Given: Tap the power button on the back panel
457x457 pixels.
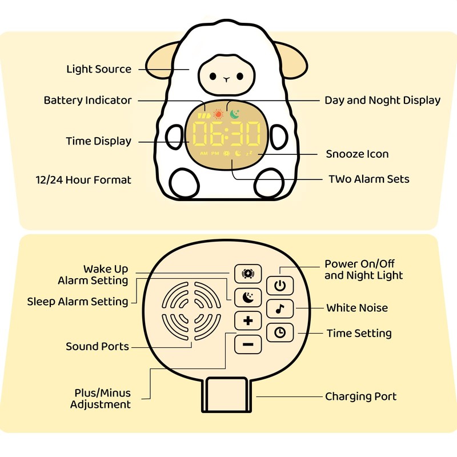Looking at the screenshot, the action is pos(280,286).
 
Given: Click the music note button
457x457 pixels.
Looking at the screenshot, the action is pos(280,308).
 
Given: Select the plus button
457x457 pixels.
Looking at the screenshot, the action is pos(248,320).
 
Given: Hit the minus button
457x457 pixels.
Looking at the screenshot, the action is pos(248,344).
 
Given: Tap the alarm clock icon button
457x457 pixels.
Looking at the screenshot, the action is pos(248,274).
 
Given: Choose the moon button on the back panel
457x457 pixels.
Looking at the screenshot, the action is pos(248,297).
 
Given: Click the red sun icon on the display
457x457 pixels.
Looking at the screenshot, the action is pos(218,114).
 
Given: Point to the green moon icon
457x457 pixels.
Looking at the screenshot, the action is pos(235,114).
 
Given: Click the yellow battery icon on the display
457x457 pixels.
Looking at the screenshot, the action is pos(204,116).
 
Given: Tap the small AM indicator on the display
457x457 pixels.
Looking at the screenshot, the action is pos(204,153).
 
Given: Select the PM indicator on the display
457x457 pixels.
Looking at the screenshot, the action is pos(215,153).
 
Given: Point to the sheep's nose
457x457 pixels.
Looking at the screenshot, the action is pos(226,79).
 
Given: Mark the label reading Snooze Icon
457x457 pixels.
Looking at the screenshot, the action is pos(357,154).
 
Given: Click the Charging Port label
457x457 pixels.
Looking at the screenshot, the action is pos(361,396).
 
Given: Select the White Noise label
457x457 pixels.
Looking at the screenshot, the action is pos(357,308).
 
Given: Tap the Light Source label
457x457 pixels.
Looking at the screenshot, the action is pos(99,69).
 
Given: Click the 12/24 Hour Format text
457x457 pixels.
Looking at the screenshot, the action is pos(83,180).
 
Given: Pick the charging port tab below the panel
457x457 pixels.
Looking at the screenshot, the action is pos(226,394).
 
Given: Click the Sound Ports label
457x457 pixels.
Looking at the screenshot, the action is pos(97,346).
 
